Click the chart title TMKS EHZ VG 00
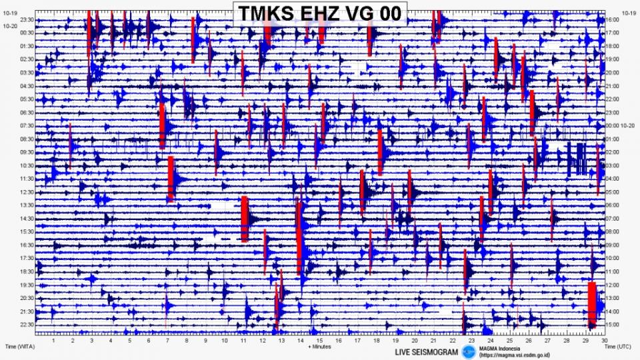319,13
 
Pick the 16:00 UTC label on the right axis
613,20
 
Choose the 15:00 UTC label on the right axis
613,325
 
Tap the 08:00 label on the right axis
613,232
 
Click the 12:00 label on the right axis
613,285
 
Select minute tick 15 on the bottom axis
320,340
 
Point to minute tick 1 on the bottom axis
54,340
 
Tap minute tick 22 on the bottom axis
453,340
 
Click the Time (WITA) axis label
19,347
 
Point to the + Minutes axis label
319,347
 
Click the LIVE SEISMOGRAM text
427,351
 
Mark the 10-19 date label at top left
10,13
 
